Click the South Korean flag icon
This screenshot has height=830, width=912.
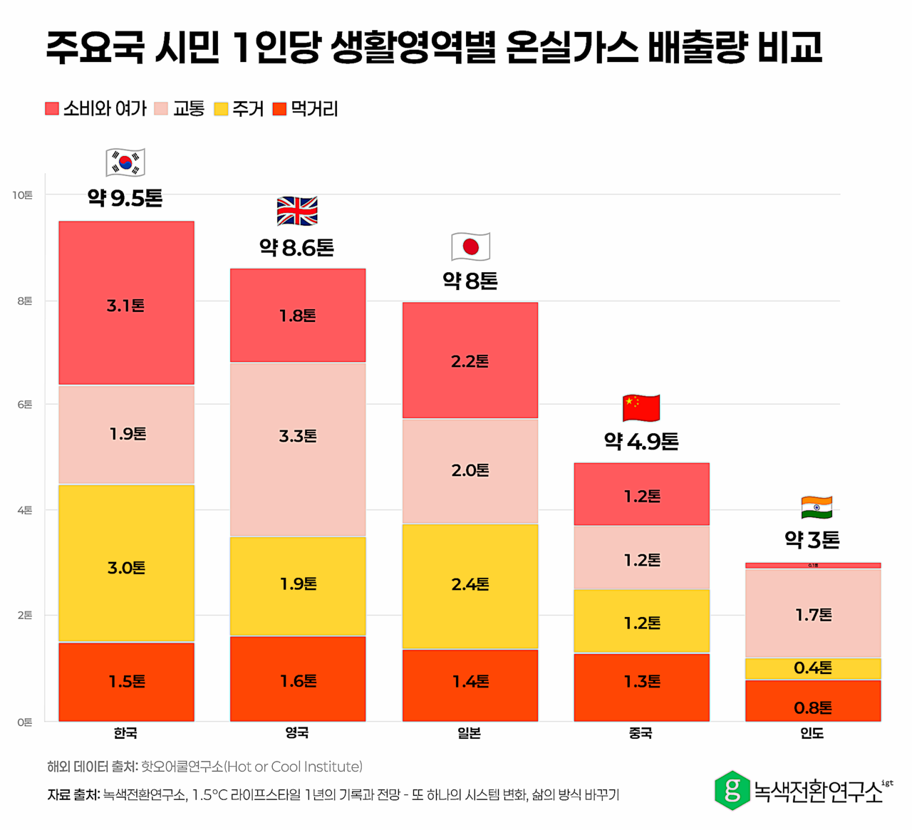[125, 162]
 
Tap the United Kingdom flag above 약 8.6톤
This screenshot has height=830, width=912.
[297, 212]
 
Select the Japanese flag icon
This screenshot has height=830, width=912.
[470, 247]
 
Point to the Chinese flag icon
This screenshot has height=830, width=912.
[641, 408]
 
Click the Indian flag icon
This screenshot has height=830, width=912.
[817, 508]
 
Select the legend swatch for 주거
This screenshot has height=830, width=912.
[222, 109]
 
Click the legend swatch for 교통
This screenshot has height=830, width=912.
[161, 109]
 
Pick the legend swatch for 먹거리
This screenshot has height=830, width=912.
[280, 109]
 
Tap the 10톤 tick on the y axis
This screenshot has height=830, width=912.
[22, 194]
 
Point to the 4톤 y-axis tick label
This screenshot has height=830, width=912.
[24, 510]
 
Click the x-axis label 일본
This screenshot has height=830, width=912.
[470, 733]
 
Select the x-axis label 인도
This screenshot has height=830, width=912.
[812, 733]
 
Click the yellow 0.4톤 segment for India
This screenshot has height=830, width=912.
[813, 668]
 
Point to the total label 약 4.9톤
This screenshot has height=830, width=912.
[641, 442]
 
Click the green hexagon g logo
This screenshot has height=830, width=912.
[732, 790]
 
